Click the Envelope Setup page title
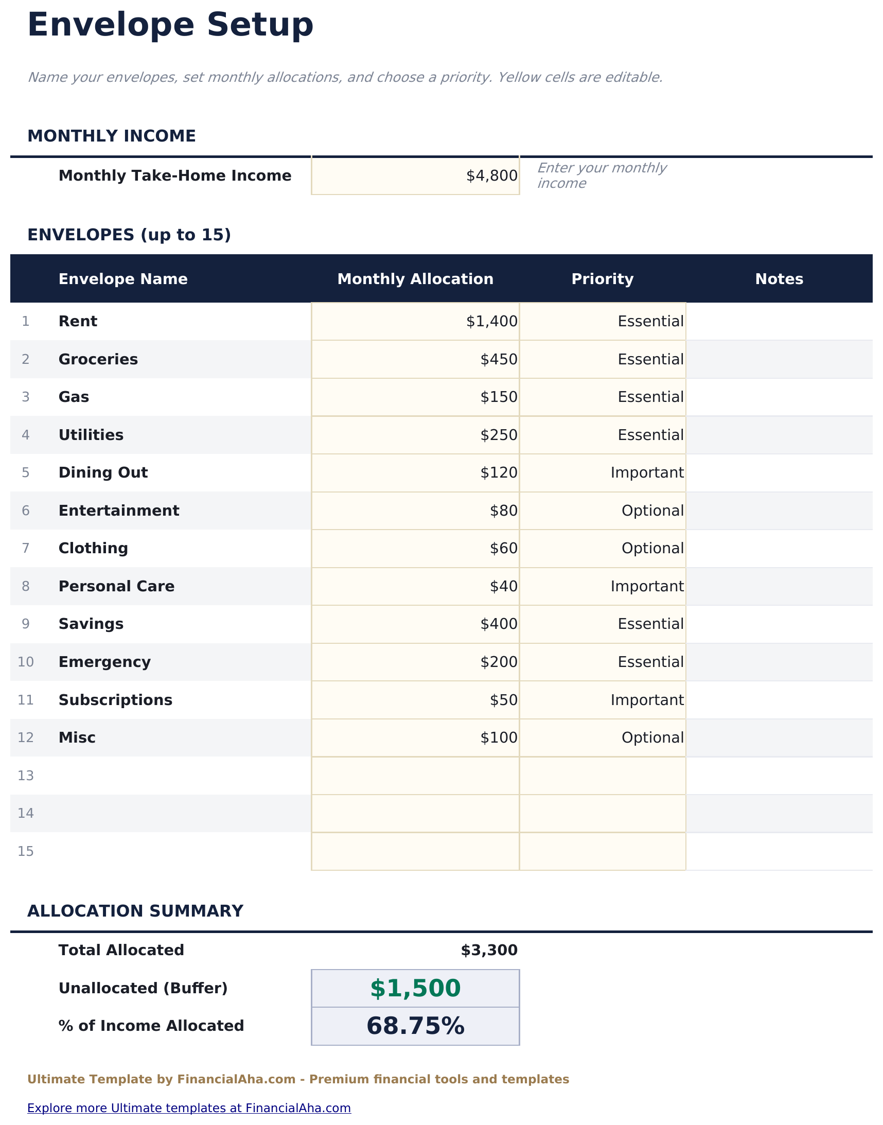(x=170, y=25)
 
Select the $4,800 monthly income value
(x=491, y=176)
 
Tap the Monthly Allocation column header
(x=415, y=279)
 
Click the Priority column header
(x=602, y=279)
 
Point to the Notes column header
(x=779, y=279)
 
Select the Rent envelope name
(x=78, y=322)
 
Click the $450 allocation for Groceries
(x=499, y=359)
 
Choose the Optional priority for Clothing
(x=652, y=548)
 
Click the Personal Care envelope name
(x=116, y=586)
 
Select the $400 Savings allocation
(x=499, y=624)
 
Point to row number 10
(x=26, y=662)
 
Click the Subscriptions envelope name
(x=115, y=700)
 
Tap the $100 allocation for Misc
(x=499, y=738)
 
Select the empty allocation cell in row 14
(x=415, y=813)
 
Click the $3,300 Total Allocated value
(x=488, y=950)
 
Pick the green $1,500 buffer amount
(x=415, y=988)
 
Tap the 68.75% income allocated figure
(x=415, y=1026)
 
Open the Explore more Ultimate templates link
(x=189, y=1108)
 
